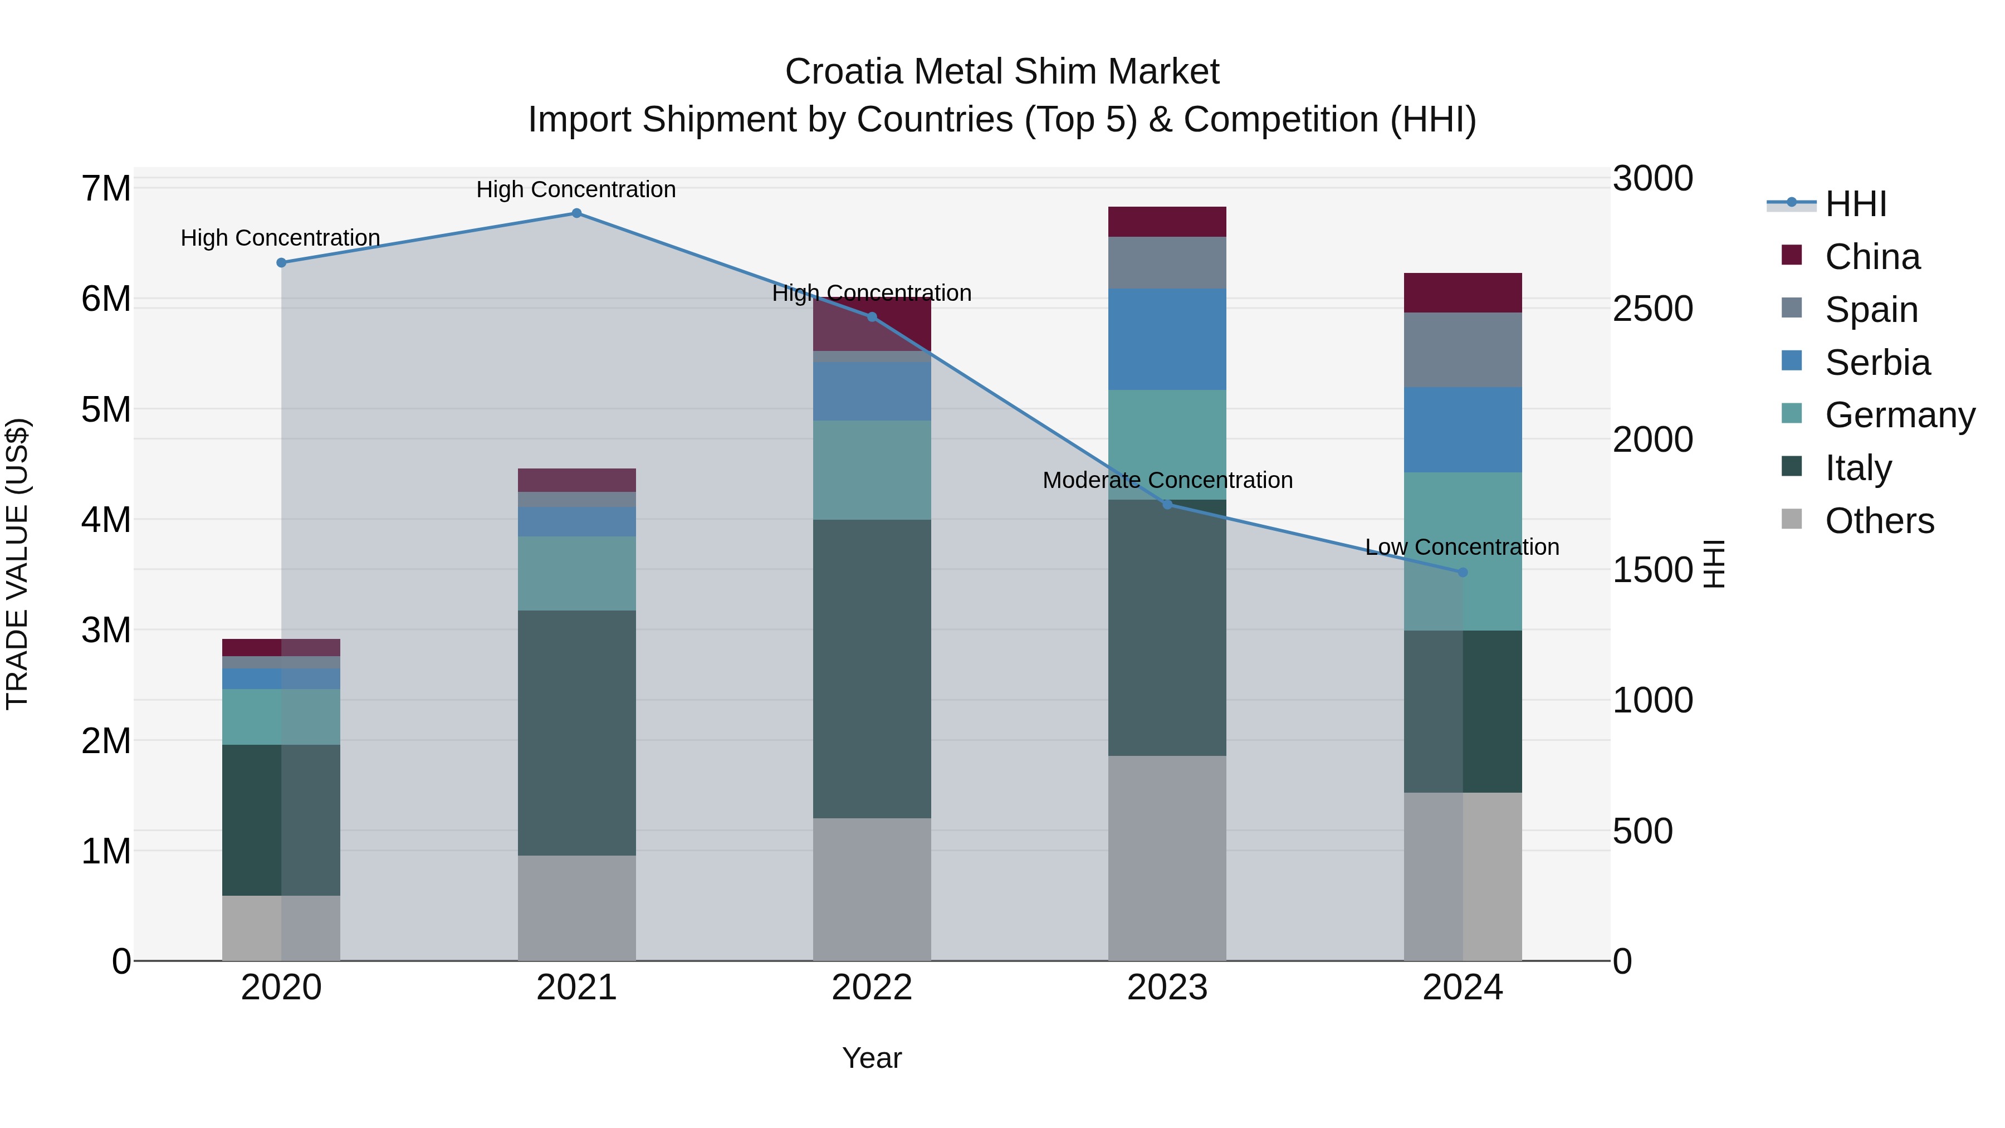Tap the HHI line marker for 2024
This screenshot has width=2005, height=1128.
[1463, 572]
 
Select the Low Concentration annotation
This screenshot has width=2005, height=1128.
[1462, 547]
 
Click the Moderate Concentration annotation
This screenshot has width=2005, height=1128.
[1167, 480]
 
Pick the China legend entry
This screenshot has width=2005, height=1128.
[1872, 257]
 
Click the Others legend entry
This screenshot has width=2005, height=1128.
[1879, 521]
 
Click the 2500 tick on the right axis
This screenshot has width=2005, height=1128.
[1652, 309]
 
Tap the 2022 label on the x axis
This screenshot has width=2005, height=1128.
[872, 988]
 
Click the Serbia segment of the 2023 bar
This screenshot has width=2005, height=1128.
[1167, 339]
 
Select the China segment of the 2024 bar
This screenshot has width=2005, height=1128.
[1463, 292]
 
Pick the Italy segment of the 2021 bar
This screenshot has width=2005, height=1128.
[577, 733]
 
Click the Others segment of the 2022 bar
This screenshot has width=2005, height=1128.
[872, 889]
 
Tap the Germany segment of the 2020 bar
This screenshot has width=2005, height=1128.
[281, 717]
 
